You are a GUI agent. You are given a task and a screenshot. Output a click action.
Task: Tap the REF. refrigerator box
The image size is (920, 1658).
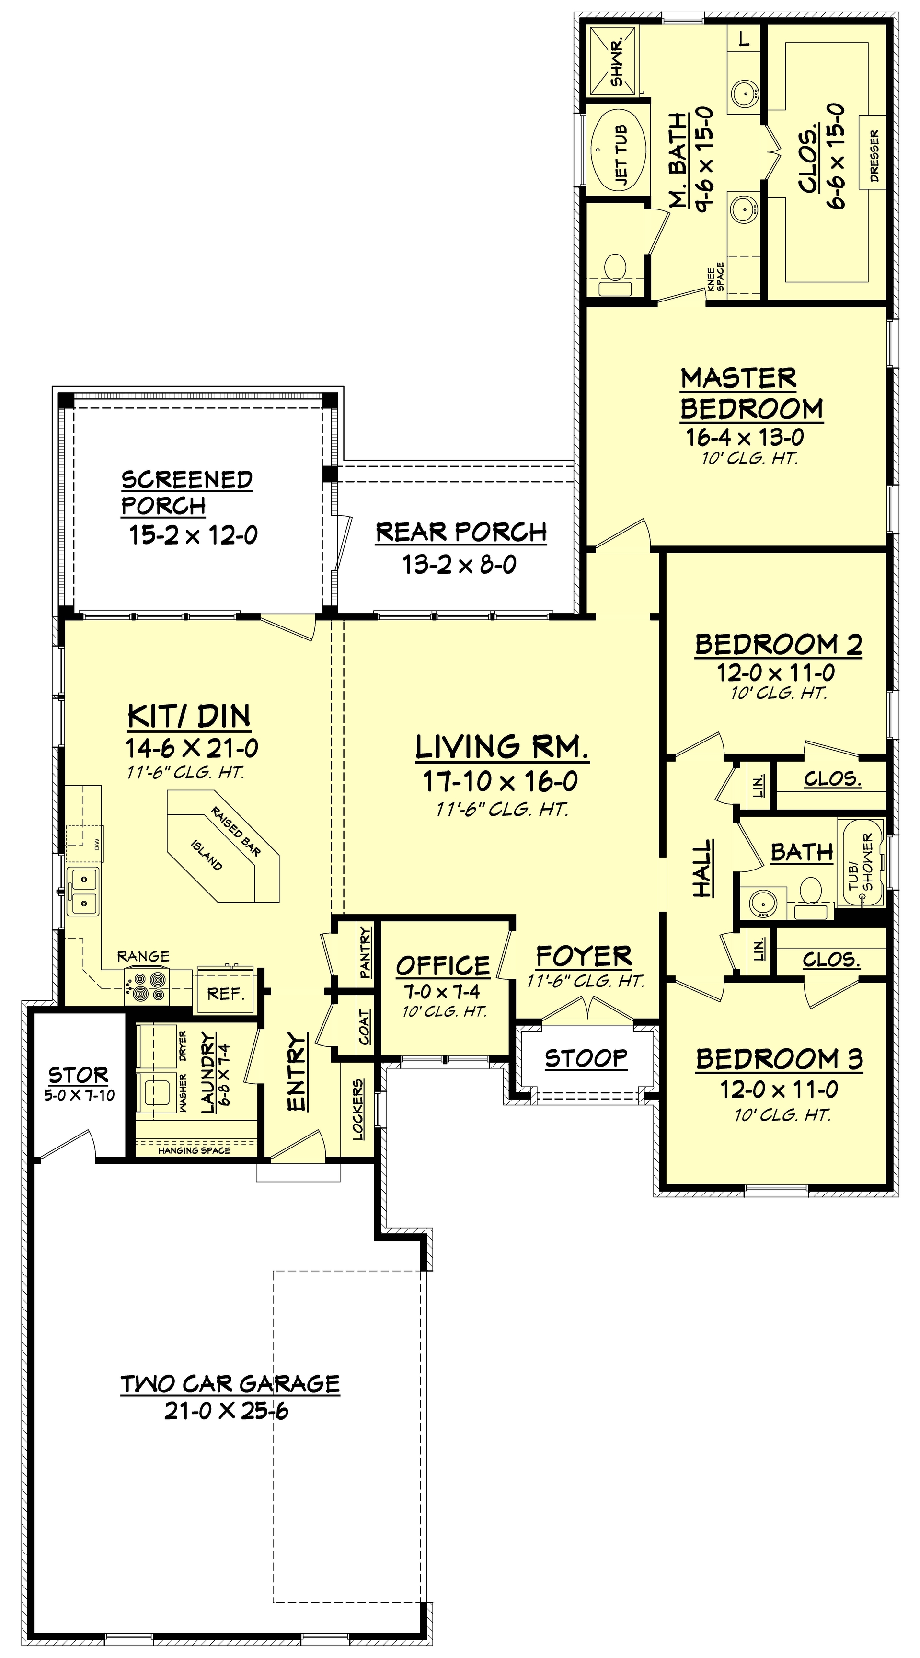[225, 994]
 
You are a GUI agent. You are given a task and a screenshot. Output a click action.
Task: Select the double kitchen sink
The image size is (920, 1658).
[84, 890]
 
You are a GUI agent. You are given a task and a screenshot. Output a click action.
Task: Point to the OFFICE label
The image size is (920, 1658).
[443, 965]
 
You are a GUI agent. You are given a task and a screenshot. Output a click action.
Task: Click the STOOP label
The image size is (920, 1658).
[586, 1057]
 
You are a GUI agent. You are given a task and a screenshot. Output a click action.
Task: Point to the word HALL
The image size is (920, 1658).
[702, 868]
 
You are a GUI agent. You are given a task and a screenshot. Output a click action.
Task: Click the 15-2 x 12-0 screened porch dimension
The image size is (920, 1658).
[194, 534]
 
